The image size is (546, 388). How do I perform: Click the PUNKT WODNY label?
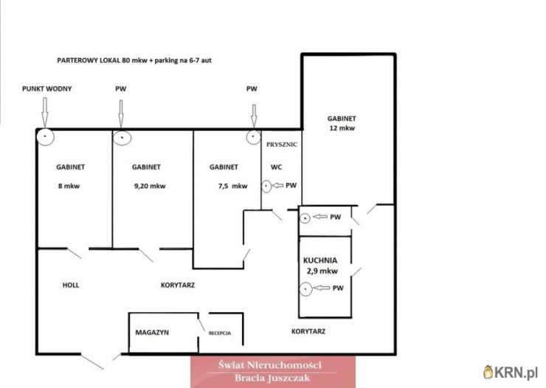tap(46, 89)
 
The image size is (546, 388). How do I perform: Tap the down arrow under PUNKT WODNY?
tap(44, 112)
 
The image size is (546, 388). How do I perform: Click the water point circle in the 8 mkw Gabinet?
tap(45, 136)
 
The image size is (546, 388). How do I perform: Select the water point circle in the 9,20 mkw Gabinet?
tap(122, 138)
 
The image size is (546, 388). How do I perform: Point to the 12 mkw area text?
tap(342, 128)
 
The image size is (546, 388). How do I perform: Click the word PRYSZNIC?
tap(282, 145)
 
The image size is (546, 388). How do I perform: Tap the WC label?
tap(276, 167)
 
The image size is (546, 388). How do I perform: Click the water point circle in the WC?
tap(266, 186)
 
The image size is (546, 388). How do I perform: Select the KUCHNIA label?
tap(320, 260)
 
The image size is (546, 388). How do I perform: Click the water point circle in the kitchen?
tap(305, 289)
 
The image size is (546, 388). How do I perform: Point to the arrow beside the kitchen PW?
tap(321, 288)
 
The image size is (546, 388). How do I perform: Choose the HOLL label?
tap(71, 285)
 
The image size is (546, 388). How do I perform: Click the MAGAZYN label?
tap(152, 333)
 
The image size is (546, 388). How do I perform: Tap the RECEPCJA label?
tap(220, 333)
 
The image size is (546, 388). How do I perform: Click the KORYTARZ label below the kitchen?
tap(308, 332)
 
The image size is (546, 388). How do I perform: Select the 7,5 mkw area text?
tap(232, 186)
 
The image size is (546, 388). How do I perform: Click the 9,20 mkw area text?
tap(150, 186)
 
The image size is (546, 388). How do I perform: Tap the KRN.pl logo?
tap(511, 373)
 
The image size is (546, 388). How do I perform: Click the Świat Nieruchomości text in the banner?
tap(270, 365)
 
